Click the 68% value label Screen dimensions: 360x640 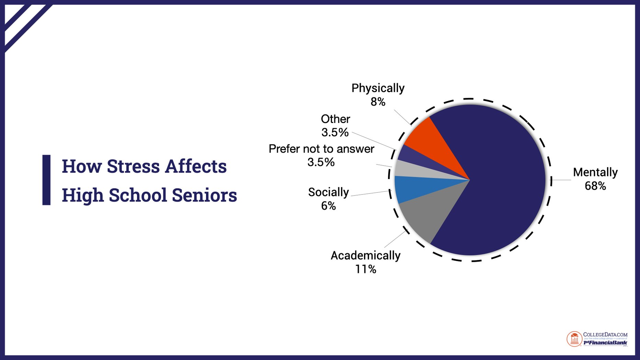point(595,186)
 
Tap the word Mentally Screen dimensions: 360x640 point(595,172)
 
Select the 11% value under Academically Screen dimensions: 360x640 point(365,269)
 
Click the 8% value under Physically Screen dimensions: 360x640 point(378,102)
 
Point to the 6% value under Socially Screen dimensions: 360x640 point(328,206)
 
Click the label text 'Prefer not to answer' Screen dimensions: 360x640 point(321,149)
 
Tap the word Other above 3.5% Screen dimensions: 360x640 point(335,119)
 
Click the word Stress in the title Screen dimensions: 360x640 point(133,166)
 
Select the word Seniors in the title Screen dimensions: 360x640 point(204,195)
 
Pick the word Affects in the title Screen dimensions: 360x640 point(196,166)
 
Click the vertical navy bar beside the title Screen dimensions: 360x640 point(46,180)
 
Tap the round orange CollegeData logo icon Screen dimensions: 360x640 point(574,339)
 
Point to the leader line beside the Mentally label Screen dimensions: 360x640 point(562,180)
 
